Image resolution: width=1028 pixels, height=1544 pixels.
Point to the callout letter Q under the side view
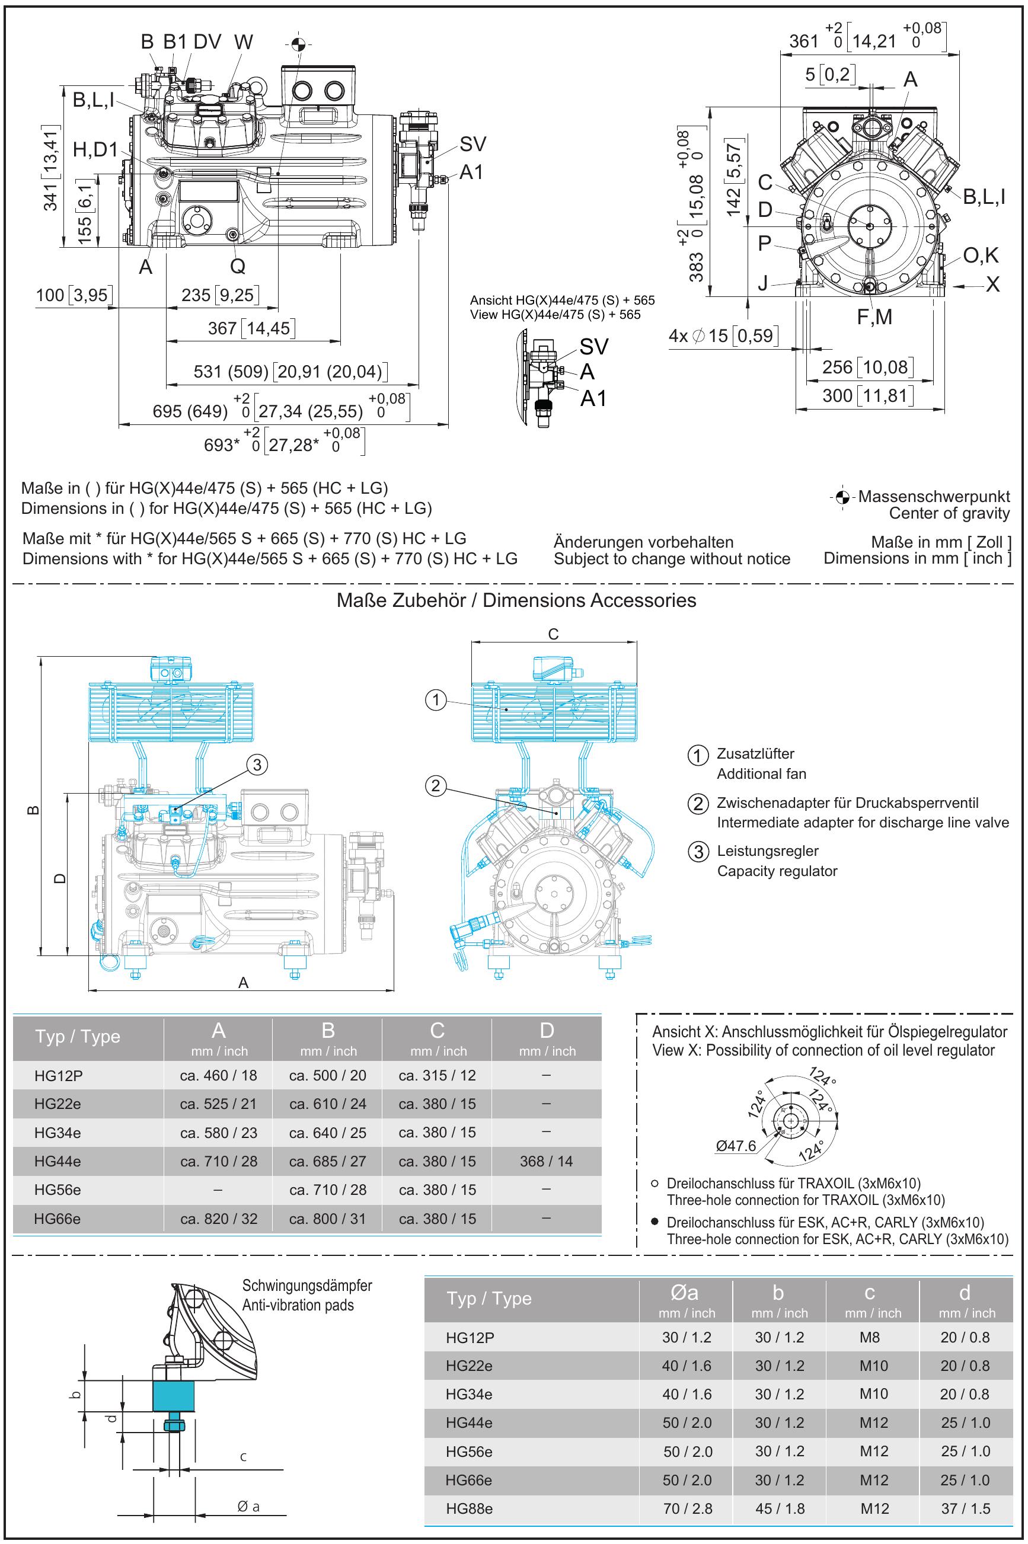coord(237,266)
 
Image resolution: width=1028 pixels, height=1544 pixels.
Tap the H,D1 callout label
coord(95,150)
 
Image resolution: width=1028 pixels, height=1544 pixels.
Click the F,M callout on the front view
coord(874,317)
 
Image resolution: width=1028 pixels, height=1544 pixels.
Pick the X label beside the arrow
coord(992,284)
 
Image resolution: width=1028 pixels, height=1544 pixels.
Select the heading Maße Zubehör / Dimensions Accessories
coord(516,600)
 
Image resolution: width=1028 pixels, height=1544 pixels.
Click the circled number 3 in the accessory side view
coord(258,764)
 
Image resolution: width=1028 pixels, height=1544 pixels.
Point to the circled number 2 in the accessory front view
coord(436,785)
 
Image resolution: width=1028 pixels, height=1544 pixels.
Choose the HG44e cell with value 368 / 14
coord(546,1161)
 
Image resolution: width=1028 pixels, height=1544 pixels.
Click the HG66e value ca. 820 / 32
coord(218,1219)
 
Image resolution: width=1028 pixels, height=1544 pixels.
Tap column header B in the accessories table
coord(328,1031)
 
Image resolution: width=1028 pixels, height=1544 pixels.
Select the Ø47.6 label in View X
coord(736,1146)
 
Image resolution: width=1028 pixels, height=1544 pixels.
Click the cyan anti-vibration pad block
coord(174,1395)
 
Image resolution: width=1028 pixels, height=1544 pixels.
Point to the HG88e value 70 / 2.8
coord(687,1508)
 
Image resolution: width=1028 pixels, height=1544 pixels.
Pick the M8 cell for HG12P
coord(869,1337)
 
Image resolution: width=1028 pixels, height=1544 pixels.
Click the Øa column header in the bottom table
coord(685,1293)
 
